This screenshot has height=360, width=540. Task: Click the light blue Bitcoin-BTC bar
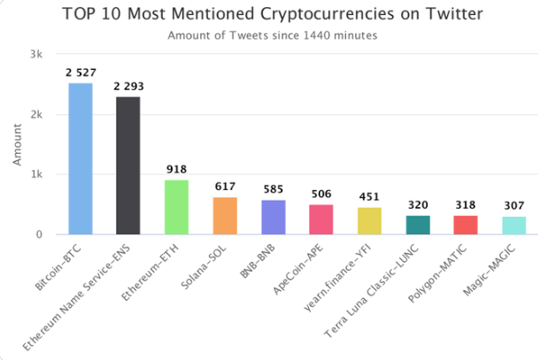[x=80, y=159]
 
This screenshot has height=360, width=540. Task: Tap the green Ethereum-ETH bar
[x=176, y=207]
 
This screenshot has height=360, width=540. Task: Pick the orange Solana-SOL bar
[x=225, y=216]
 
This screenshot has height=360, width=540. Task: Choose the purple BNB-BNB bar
[x=273, y=217]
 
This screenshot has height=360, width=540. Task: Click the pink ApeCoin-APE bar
[x=320, y=219]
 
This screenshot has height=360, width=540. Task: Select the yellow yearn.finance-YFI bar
[x=369, y=221]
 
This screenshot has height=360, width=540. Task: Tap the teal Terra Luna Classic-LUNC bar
[x=417, y=225]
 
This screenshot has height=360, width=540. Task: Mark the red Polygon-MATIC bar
[x=466, y=225]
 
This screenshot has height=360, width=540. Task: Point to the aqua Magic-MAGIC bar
[x=513, y=226]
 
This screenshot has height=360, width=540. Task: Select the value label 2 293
[x=128, y=87]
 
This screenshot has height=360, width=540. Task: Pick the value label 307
[x=513, y=206]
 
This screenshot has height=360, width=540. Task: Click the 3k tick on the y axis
[x=36, y=54]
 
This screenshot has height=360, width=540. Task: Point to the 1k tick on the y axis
[x=36, y=174]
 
